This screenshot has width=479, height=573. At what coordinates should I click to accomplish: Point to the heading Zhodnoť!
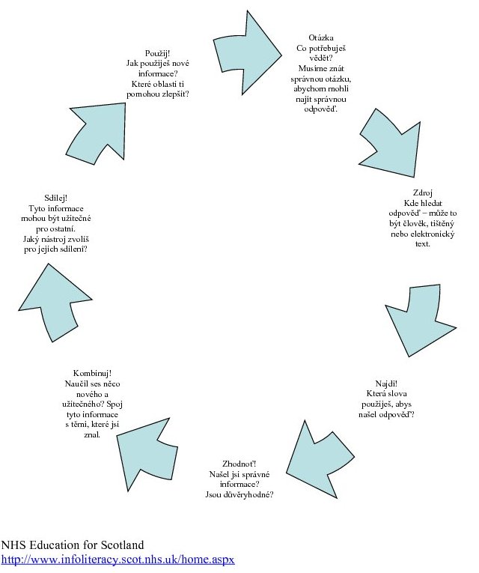pos(239,464)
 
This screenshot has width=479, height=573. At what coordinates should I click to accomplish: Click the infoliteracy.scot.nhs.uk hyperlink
pos(118,560)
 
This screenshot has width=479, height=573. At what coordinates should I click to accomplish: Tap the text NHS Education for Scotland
pos(73,545)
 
